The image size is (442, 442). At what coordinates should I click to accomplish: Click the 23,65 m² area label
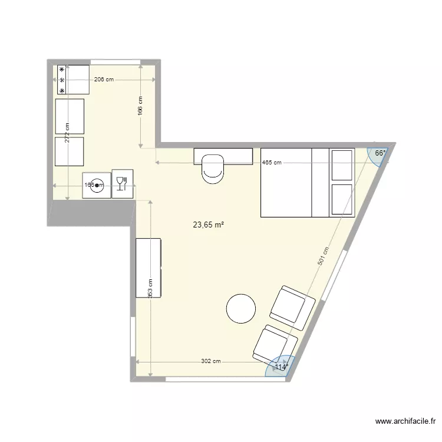point(209,225)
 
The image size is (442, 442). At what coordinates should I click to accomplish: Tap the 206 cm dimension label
point(103,80)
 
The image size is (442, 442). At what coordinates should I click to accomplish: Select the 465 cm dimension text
point(272,163)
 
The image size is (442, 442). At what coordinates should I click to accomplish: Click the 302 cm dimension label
point(210,361)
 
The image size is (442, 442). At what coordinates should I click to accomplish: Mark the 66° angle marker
point(380,153)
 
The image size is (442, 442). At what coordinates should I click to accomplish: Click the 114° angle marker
point(280,367)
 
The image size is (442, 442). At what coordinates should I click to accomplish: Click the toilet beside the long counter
point(212,168)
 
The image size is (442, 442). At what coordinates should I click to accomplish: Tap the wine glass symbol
point(122,184)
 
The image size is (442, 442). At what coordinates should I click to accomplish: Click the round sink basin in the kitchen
point(97,185)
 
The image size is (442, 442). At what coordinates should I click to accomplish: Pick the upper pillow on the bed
point(342,164)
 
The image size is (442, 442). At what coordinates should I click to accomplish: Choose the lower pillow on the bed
point(342,200)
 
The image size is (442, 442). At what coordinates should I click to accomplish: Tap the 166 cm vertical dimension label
point(140,107)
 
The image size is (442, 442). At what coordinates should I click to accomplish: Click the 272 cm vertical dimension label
point(67,133)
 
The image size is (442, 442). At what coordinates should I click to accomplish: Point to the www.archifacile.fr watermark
point(404,422)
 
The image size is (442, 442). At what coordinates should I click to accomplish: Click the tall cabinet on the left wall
point(149,268)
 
